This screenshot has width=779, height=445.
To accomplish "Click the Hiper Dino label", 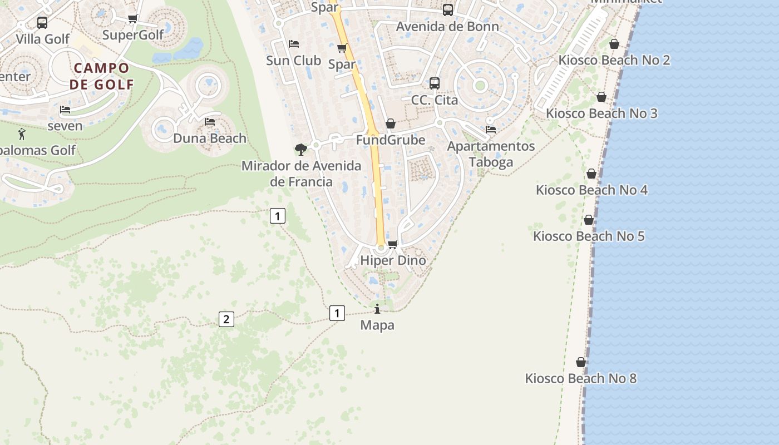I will tap(393, 260).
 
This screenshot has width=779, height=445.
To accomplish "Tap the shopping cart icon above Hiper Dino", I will tap(393, 244).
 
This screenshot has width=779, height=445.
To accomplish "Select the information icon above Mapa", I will tap(377, 309).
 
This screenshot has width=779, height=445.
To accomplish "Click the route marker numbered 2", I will tap(226, 319).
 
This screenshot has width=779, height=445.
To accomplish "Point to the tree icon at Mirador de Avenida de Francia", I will tap(301, 149).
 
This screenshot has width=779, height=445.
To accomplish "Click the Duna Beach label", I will tap(210, 138).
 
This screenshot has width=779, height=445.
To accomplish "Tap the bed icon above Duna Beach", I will tap(210, 121).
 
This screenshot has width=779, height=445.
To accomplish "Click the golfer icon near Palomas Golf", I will tap(22, 134).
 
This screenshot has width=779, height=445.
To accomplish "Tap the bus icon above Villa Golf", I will tap(42, 23).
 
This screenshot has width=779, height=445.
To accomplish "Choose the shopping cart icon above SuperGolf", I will tap(133, 19).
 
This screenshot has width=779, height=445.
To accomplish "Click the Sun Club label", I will tap(293, 60).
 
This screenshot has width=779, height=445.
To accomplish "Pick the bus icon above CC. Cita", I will tap(435, 83).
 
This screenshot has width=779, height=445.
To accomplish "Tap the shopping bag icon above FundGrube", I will tap(391, 123).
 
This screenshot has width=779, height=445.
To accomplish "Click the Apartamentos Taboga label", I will tap(491, 154).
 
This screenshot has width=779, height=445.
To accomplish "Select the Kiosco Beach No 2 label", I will tap(614, 60).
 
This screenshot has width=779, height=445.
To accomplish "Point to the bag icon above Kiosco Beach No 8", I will tap(581, 362).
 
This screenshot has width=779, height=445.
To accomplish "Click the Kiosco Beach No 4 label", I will tap(591, 190).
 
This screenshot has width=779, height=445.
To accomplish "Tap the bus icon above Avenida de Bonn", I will tap(448, 10).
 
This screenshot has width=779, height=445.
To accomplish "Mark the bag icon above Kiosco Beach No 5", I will tap(589, 220).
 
